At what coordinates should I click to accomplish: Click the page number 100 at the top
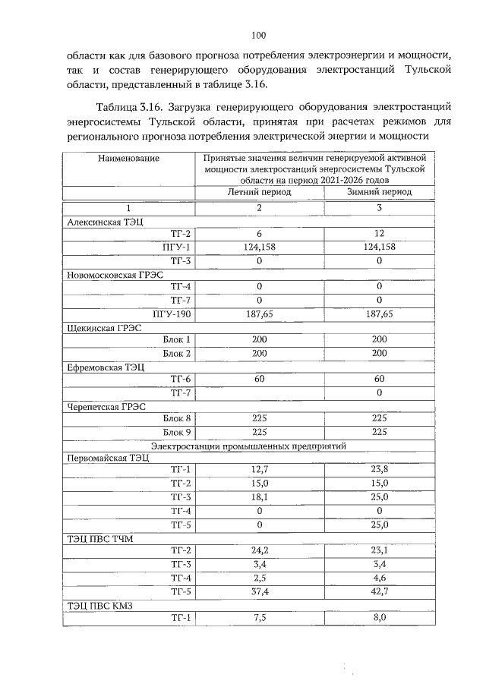(258, 35)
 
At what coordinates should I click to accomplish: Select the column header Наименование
(128, 158)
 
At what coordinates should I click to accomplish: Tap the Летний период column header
(259, 193)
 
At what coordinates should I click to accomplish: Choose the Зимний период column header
(379, 193)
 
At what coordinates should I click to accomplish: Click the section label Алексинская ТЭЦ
(99, 222)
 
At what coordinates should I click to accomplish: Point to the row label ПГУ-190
(178, 314)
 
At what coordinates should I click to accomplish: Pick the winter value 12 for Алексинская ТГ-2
(379, 234)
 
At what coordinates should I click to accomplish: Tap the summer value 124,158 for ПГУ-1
(259, 247)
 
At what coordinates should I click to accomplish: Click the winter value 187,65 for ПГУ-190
(379, 314)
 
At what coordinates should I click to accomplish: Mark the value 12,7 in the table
(259, 471)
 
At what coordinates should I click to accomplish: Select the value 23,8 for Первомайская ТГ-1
(379, 471)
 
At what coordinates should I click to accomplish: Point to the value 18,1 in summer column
(259, 497)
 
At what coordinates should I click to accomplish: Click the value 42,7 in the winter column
(379, 591)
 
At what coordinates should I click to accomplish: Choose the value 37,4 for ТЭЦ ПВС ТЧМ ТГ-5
(259, 591)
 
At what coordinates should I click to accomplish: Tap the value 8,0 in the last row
(379, 618)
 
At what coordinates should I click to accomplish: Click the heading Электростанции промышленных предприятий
(248, 445)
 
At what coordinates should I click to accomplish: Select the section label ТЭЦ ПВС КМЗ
(97, 605)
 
